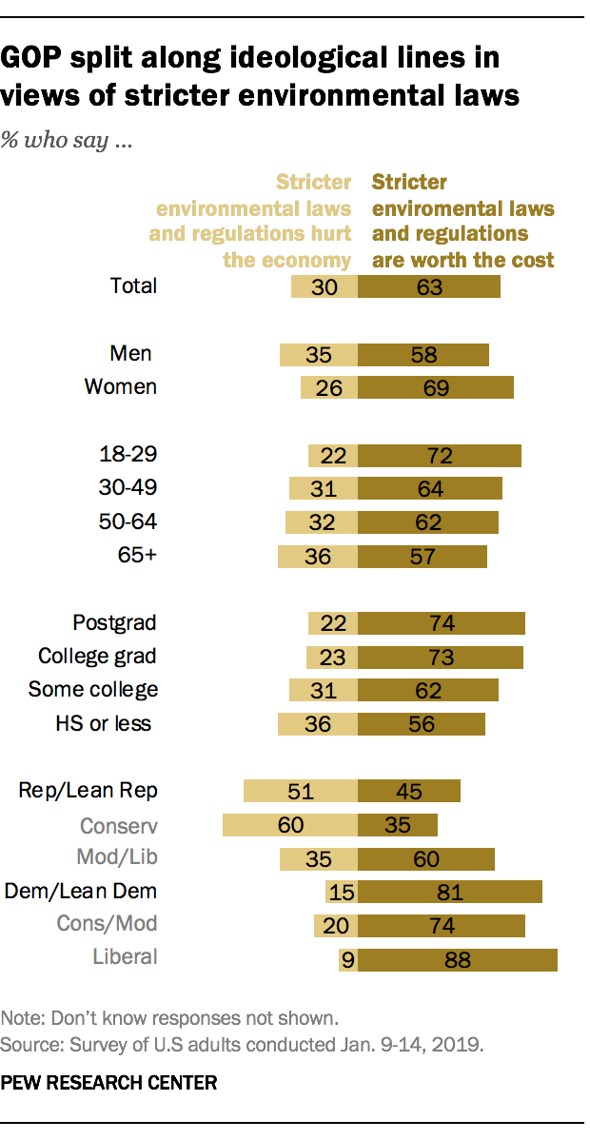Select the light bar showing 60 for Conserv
pos(290,824)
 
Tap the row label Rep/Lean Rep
pos(88,790)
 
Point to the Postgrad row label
pos(114,623)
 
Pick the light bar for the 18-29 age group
pos(333,455)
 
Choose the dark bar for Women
pos(436,387)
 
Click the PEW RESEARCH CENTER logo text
pos(109,1082)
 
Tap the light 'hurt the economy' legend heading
pos(250,221)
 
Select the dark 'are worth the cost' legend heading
pos(462,221)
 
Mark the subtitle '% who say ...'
pos(66,143)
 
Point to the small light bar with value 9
pos(347,960)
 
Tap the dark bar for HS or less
pos(422,723)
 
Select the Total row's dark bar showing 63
pos(429,285)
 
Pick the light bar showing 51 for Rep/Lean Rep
pos(301,791)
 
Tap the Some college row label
pos(93,689)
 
